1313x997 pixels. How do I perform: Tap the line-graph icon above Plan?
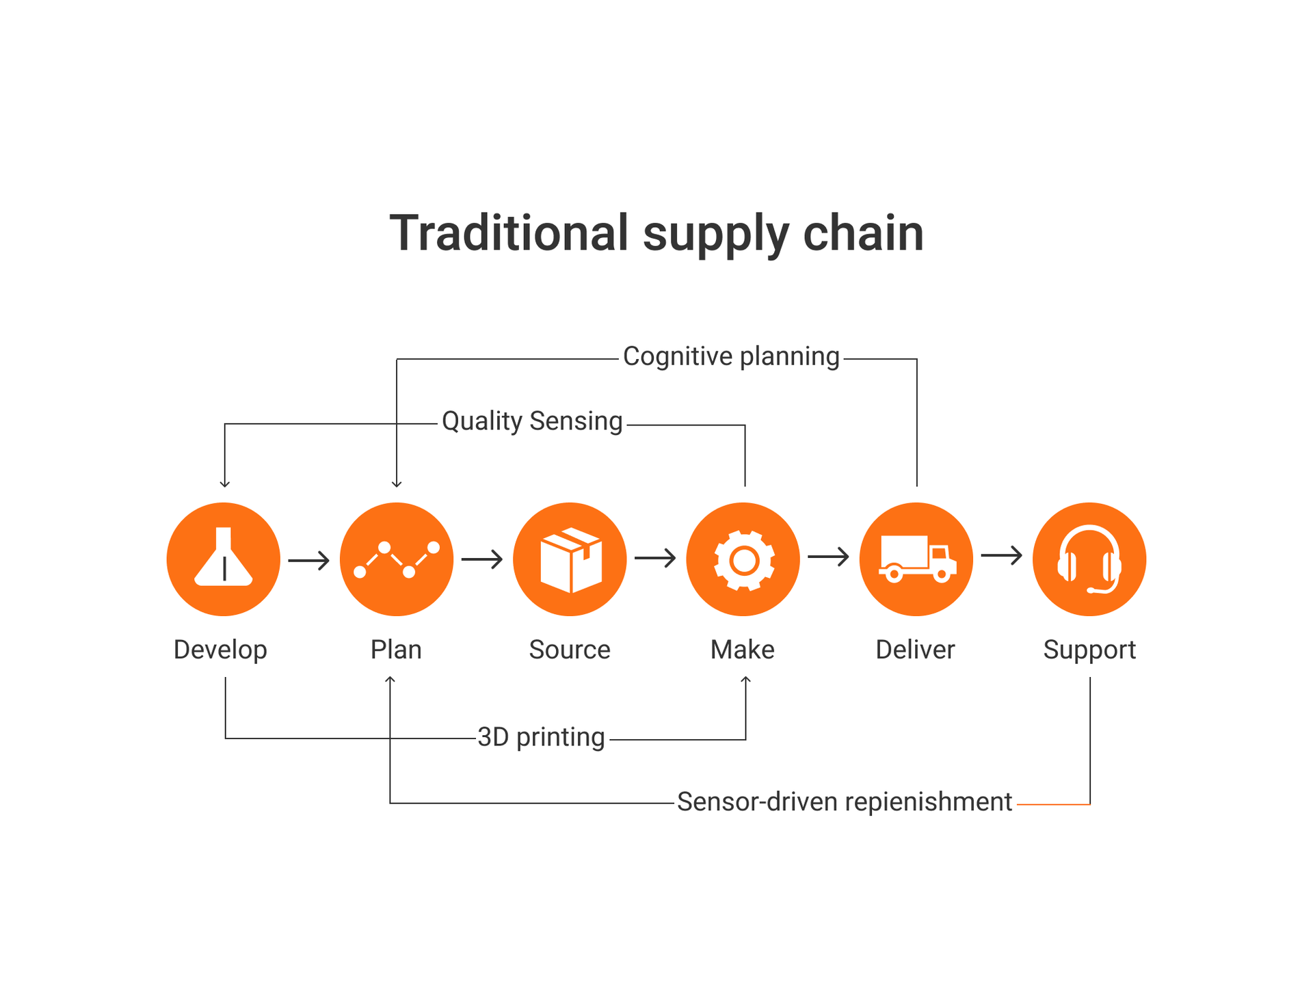click(x=397, y=559)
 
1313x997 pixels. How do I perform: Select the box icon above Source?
click(x=570, y=559)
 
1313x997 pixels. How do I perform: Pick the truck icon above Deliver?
click(x=916, y=559)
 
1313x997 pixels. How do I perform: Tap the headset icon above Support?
click(x=1089, y=559)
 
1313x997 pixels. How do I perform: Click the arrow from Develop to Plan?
click(x=309, y=561)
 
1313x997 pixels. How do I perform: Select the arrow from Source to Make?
click(x=655, y=559)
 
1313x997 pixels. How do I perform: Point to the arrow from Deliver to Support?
click(x=1002, y=555)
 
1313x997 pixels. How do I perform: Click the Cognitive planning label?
click(x=731, y=357)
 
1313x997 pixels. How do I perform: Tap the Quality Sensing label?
click(x=532, y=422)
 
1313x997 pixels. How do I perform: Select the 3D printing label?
click(x=541, y=737)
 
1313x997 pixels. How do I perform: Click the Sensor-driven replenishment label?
click(x=845, y=801)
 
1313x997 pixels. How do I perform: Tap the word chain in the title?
click(x=863, y=233)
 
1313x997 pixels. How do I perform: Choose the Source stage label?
click(x=570, y=650)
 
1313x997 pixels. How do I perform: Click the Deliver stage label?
click(x=915, y=650)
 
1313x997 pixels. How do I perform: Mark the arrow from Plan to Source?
click(x=482, y=559)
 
